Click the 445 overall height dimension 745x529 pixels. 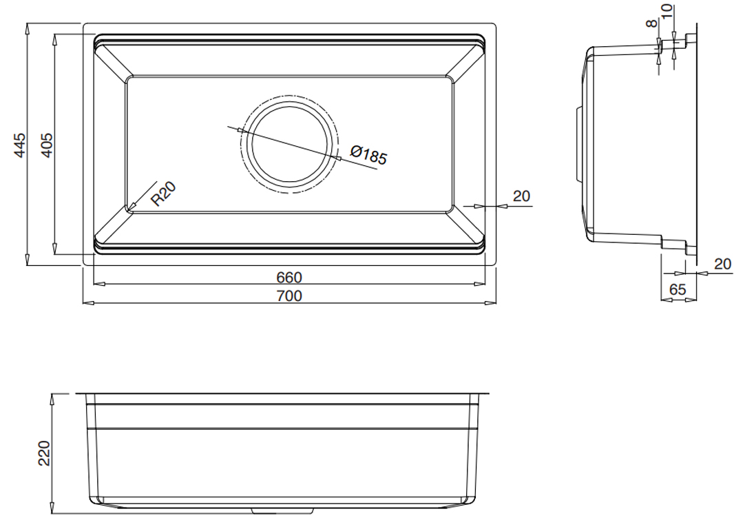tap(19, 145)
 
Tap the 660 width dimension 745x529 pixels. tap(289, 277)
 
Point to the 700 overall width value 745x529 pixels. tap(289, 295)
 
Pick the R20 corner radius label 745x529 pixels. tap(163, 194)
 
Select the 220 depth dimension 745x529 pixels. tap(43, 453)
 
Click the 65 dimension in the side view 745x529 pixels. tap(678, 289)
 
